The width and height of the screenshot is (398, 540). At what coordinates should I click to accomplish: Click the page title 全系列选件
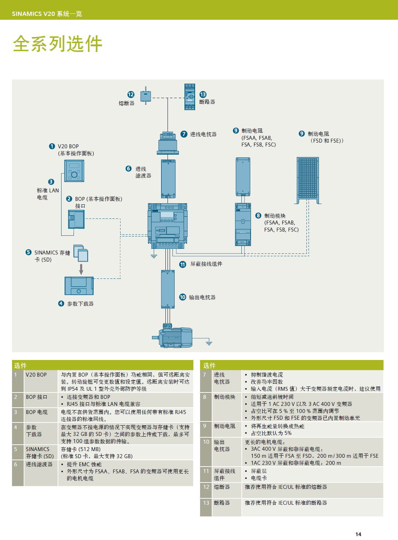click(57, 44)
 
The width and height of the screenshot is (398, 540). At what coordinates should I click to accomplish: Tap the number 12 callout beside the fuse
click(131, 94)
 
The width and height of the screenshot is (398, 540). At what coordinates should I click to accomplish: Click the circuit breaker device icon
click(190, 97)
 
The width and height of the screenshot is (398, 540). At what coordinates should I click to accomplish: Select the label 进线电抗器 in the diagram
click(203, 134)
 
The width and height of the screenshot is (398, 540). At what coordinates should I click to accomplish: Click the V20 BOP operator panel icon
click(74, 171)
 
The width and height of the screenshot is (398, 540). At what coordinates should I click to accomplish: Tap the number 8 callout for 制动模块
click(258, 216)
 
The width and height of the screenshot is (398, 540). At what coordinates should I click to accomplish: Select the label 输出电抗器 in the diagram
click(202, 297)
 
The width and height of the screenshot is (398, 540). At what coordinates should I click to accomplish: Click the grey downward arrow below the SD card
click(81, 269)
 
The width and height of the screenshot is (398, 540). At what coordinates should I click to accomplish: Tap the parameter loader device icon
click(79, 286)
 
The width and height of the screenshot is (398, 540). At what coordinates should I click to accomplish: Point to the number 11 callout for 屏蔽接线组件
click(183, 264)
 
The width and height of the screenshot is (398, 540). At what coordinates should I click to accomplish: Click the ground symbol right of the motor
click(209, 342)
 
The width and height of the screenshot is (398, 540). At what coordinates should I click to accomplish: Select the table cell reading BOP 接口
click(36, 397)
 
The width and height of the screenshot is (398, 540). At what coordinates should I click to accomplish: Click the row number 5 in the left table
click(16, 449)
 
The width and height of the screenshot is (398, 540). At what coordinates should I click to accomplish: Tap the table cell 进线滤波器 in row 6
click(39, 464)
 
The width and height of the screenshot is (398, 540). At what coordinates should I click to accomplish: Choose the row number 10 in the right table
click(206, 442)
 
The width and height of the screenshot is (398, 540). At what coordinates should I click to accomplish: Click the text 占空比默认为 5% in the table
click(271, 433)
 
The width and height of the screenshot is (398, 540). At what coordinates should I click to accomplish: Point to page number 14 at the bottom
click(358, 534)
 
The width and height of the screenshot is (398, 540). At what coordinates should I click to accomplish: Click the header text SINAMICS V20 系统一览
click(47, 14)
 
